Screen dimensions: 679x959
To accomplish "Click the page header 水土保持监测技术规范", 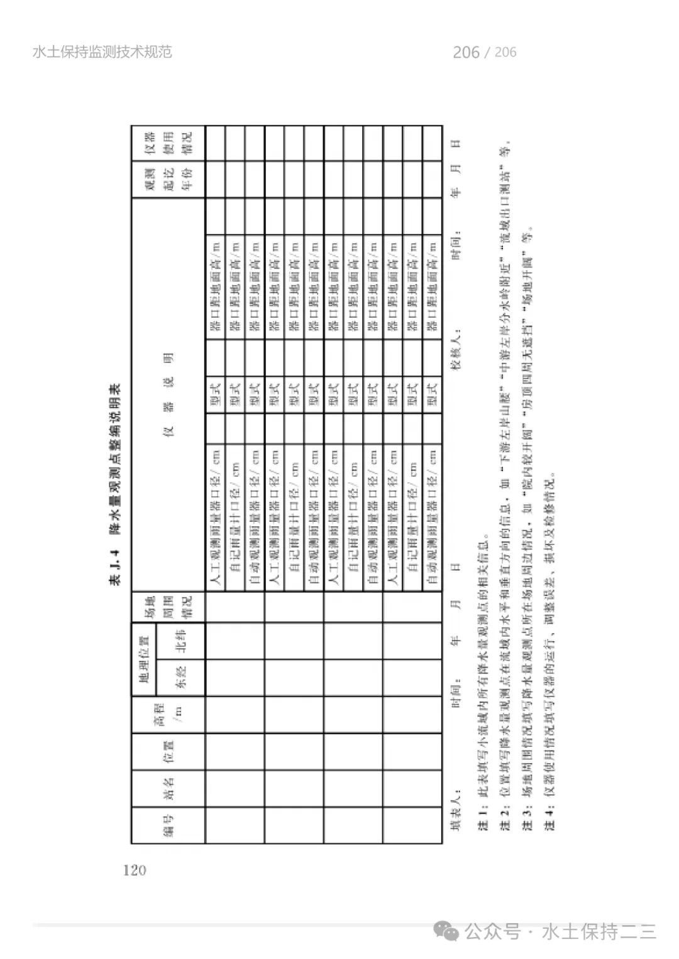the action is pyautogui.click(x=102, y=52).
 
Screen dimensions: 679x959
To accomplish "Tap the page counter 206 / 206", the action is pyautogui.click(x=484, y=52).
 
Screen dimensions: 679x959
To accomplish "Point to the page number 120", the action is pyautogui.click(x=135, y=870).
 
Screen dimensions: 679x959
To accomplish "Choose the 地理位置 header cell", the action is pyautogui.click(x=144, y=659).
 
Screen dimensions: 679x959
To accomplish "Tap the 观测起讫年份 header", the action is pyautogui.click(x=168, y=180).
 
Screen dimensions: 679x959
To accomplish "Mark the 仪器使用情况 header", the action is pyautogui.click(x=168, y=143).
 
